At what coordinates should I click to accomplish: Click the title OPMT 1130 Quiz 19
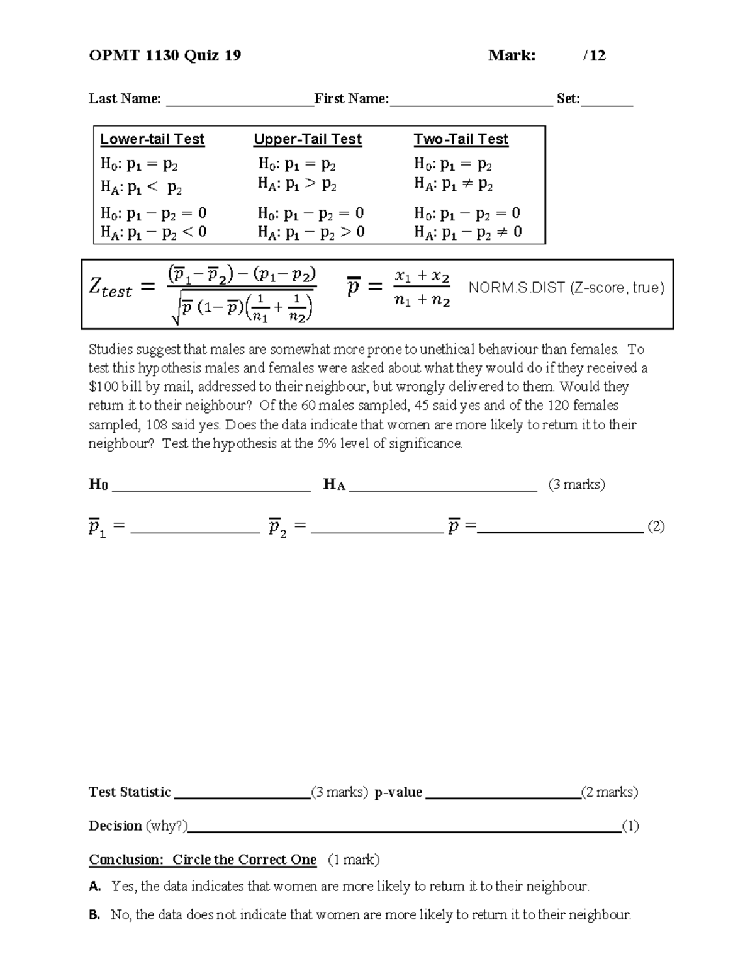(x=165, y=55)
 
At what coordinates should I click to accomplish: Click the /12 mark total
(x=594, y=55)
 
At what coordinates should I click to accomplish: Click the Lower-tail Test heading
(x=152, y=139)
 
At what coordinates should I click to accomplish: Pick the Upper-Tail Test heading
(x=307, y=139)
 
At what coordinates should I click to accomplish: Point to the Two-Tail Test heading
(x=461, y=139)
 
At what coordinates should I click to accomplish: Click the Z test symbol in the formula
(x=110, y=288)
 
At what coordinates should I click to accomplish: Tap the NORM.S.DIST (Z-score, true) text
(x=566, y=288)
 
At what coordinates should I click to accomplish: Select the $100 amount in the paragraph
(x=102, y=387)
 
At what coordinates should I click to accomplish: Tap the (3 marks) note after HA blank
(x=576, y=484)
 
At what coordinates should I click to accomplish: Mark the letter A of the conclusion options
(x=95, y=887)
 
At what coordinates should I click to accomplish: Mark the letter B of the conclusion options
(x=95, y=915)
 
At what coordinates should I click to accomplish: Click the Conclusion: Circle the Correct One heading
(x=203, y=860)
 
